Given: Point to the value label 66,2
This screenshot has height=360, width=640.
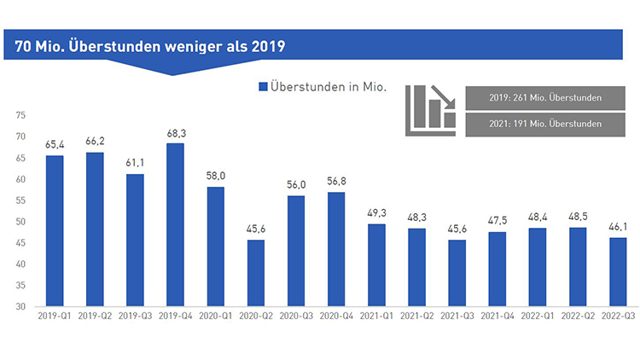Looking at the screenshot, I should pos(95,141).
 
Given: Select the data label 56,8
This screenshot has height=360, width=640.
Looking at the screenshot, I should pos(337,181).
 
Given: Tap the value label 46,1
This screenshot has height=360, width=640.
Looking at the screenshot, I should pos(618,226).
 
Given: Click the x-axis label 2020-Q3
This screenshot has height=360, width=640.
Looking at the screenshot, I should pos(296,317).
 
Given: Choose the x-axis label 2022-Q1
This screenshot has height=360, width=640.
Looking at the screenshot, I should pos(538,317).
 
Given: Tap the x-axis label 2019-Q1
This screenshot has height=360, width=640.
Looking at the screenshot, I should pos(55,317).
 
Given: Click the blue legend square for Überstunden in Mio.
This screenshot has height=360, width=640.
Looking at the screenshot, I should pos(262,86).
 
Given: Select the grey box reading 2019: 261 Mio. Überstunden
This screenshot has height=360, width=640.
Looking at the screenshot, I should pos(538,97).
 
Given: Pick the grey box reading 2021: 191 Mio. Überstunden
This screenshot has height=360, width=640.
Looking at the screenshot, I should pos(538,125).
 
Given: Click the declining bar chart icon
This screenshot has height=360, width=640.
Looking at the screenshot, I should pos(429,107).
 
